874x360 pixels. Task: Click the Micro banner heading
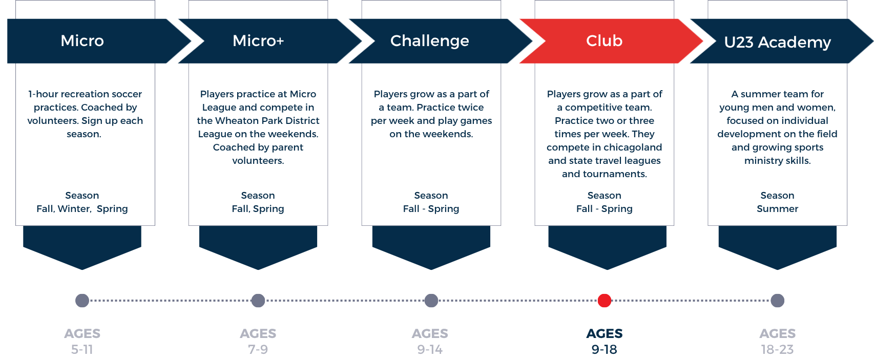coord(82,41)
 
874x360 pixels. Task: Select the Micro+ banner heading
coord(258,41)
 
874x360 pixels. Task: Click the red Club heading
coord(604,41)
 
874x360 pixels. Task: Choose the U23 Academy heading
coord(777,43)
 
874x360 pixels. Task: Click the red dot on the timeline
coord(605,301)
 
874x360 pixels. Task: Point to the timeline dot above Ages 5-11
coord(82,301)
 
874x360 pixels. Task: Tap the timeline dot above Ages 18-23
coord(777,301)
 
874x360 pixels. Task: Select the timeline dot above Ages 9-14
coord(431,301)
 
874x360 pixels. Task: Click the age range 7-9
coord(258,349)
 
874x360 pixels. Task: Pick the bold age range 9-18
coord(605,349)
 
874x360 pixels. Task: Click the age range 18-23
coord(777,349)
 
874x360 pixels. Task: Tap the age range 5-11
coord(82,349)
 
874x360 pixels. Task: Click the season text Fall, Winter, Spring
coord(82,209)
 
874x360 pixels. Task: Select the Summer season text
coord(777,209)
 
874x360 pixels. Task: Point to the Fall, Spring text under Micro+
coord(258,209)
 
